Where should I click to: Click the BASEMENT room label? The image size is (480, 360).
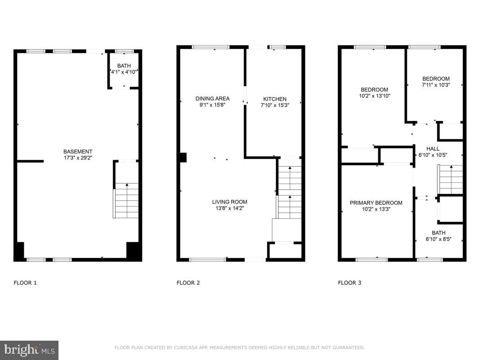tap(78, 152)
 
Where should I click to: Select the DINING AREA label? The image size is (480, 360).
tap(212, 99)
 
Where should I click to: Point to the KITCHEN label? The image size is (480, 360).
tap(274, 99)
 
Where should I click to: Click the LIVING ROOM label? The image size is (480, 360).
tap(229, 202)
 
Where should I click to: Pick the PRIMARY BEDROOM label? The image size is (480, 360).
tap(376, 203)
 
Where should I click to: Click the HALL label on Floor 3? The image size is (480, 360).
tap(433, 149)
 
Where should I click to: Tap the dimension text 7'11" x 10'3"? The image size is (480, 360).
tap(435, 85)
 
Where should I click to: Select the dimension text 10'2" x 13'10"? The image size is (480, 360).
tap(374, 96)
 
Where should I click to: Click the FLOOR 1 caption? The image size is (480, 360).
tap(25, 283)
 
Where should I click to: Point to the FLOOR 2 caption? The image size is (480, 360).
tap(188, 283)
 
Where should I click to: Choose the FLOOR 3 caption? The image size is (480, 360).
tap(350, 283)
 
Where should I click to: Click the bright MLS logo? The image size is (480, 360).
tap(29, 350)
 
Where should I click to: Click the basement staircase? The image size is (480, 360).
tap(126, 202)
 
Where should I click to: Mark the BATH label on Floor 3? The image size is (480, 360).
tap(438, 233)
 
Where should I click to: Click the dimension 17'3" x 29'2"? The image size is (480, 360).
tap(78, 158)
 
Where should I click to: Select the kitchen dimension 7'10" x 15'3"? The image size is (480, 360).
tap(274, 105)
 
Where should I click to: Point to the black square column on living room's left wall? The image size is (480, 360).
tap(182, 157)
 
